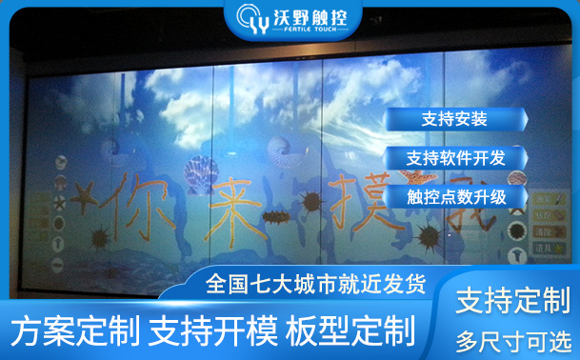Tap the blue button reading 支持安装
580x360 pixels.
click(x=454, y=119)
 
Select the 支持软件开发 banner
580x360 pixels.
click(x=454, y=157)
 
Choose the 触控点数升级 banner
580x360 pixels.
click(x=454, y=197)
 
